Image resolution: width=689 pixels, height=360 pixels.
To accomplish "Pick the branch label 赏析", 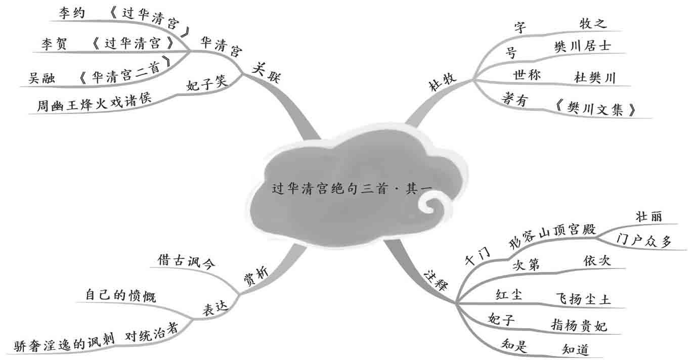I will tap(256, 276).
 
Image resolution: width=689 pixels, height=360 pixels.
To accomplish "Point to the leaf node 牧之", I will tap(593, 23).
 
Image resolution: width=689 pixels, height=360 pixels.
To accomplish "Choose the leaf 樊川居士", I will tap(582, 47).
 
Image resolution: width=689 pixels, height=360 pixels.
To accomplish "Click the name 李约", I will tap(71, 13).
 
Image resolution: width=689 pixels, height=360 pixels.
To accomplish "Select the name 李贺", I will tap(54, 44).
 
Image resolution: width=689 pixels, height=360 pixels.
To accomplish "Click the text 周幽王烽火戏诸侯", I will tap(94, 106).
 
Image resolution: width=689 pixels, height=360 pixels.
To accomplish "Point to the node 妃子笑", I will tap(207, 83).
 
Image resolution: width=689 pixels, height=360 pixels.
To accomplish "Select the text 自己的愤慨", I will tap(120, 295).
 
